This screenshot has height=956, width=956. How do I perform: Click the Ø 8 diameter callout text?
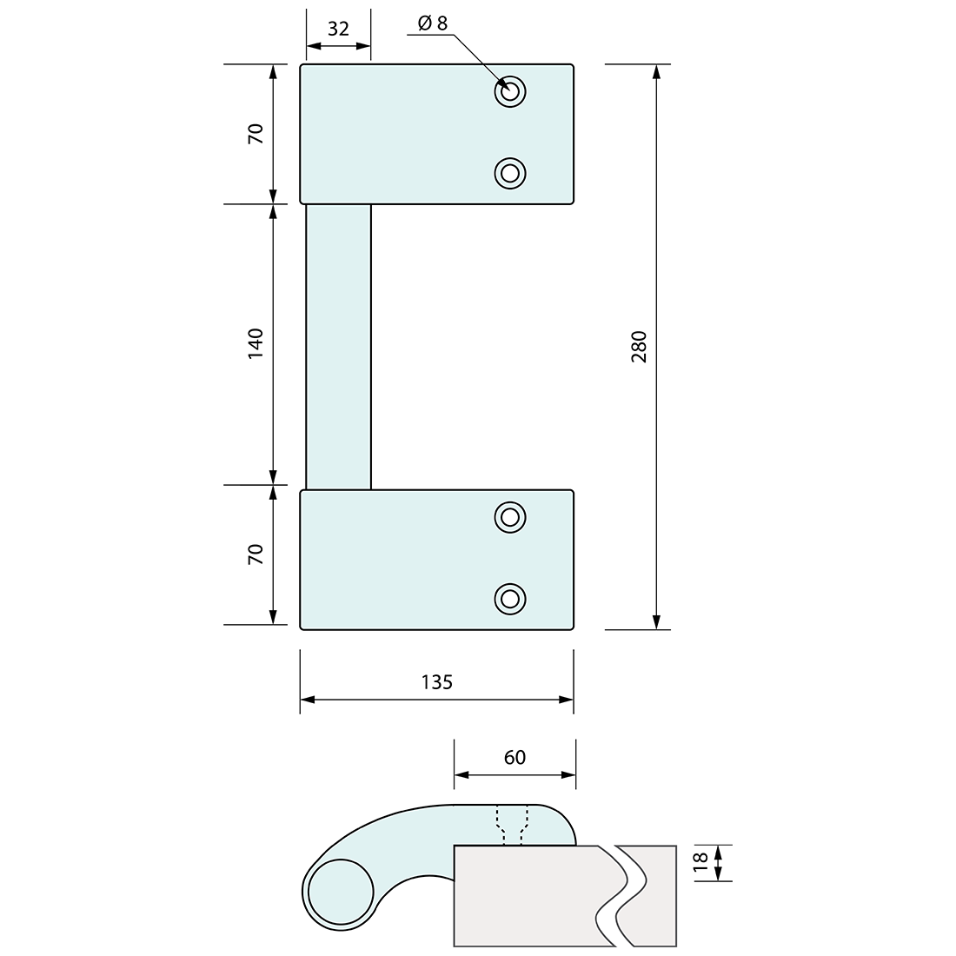click(x=432, y=23)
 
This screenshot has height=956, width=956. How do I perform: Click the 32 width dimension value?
click(x=338, y=29)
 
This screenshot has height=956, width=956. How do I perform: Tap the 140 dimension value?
click(x=256, y=344)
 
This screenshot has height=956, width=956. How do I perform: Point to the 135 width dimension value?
click(x=436, y=682)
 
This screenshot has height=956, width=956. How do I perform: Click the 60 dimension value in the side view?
click(x=515, y=758)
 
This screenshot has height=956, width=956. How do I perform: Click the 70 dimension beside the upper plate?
click(x=256, y=134)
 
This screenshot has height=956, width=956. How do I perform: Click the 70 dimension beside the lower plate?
click(x=256, y=554)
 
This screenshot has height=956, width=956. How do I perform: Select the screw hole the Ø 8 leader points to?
click(x=510, y=91)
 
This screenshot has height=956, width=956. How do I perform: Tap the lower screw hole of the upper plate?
click(x=510, y=173)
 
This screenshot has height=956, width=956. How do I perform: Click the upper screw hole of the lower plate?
click(x=510, y=517)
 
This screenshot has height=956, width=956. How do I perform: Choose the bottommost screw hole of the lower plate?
click(x=510, y=598)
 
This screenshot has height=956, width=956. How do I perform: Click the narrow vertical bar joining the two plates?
click(x=338, y=346)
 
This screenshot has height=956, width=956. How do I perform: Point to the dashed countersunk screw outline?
click(x=512, y=825)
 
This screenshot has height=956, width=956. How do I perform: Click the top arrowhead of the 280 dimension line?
click(x=655, y=71)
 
